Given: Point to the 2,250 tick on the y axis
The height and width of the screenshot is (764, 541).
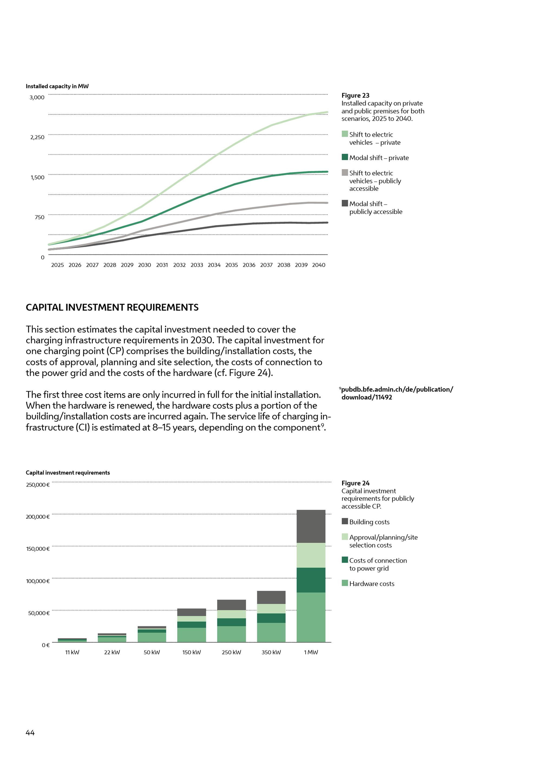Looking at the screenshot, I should coord(37,137).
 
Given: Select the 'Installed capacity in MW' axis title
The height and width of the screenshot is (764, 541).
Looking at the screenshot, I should coord(57,86).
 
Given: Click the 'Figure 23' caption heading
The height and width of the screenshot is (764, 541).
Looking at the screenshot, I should coord(355,96).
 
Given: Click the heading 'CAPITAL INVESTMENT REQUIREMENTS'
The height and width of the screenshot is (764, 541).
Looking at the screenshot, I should coord(112,307).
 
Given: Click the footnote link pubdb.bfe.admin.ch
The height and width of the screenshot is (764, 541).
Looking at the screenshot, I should coord(397,393).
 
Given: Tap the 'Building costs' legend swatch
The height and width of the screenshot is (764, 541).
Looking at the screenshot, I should coord(345,521).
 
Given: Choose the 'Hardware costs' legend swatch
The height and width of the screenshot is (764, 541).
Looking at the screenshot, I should coord(345,583).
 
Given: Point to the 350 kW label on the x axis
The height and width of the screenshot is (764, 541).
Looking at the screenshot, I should coord(271,652).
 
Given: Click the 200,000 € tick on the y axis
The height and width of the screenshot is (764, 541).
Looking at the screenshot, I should coord(38,517).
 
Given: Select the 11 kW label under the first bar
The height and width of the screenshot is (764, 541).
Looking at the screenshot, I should coord(72,652).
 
